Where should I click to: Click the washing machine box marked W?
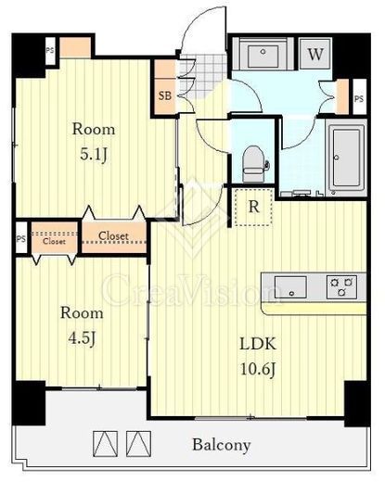point(315,54)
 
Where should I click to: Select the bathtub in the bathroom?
point(346,158)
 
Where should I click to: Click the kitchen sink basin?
point(290,286)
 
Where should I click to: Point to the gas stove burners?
point(341,286)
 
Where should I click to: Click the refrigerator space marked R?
point(254,207)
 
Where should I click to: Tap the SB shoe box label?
point(165,95)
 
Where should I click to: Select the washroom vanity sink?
point(263,55)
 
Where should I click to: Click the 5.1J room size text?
point(94,155)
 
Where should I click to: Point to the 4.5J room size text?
point(82,338)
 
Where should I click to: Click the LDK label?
point(258,344)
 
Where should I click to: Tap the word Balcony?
point(222,445)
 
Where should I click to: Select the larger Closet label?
point(113,235)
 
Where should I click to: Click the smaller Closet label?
point(54,241)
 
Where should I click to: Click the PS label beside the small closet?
point(21,239)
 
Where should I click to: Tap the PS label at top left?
point(50,50)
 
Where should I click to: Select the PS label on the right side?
point(359,99)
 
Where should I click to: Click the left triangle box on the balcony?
point(106,444)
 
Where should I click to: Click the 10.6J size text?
point(258,369)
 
